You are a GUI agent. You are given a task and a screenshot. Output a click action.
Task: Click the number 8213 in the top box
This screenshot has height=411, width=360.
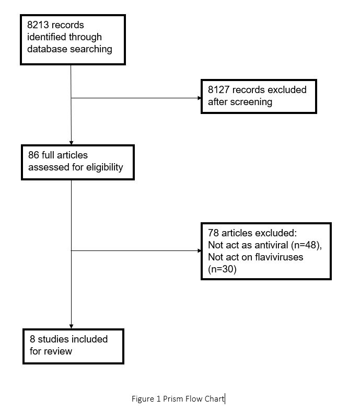click(x=38, y=25)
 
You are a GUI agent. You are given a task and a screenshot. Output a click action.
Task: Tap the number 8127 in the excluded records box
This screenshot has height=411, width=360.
click(x=219, y=89)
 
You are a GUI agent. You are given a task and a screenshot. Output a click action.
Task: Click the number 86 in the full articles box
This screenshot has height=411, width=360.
click(x=33, y=155)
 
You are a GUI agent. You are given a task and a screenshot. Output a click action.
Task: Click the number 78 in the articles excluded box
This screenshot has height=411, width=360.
click(x=213, y=233)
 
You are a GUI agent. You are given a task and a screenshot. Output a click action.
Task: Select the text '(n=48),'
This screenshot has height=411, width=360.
click(x=306, y=245)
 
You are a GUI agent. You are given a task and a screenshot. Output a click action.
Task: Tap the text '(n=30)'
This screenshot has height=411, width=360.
click(x=222, y=269)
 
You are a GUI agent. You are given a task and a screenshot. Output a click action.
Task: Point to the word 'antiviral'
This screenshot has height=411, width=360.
click(x=271, y=245)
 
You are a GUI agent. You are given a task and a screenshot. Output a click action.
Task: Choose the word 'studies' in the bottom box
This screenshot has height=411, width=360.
click(x=53, y=339)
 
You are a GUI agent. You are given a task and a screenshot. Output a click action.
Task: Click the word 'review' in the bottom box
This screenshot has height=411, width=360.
click(x=59, y=351)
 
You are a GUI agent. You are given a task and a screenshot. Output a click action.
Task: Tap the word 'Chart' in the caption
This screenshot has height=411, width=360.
click(x=214, y=399)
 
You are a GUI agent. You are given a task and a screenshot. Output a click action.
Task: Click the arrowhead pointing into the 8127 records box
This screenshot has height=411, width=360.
click(x=200, y=98)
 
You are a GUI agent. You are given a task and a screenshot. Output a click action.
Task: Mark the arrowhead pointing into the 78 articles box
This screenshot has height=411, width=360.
click(x=200, y=250)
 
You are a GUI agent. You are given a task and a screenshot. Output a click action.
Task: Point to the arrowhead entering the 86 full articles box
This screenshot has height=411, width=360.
click(x=71, y=143)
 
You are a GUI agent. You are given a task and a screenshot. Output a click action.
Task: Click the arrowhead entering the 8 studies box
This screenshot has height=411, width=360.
click(x=71, y=327)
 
